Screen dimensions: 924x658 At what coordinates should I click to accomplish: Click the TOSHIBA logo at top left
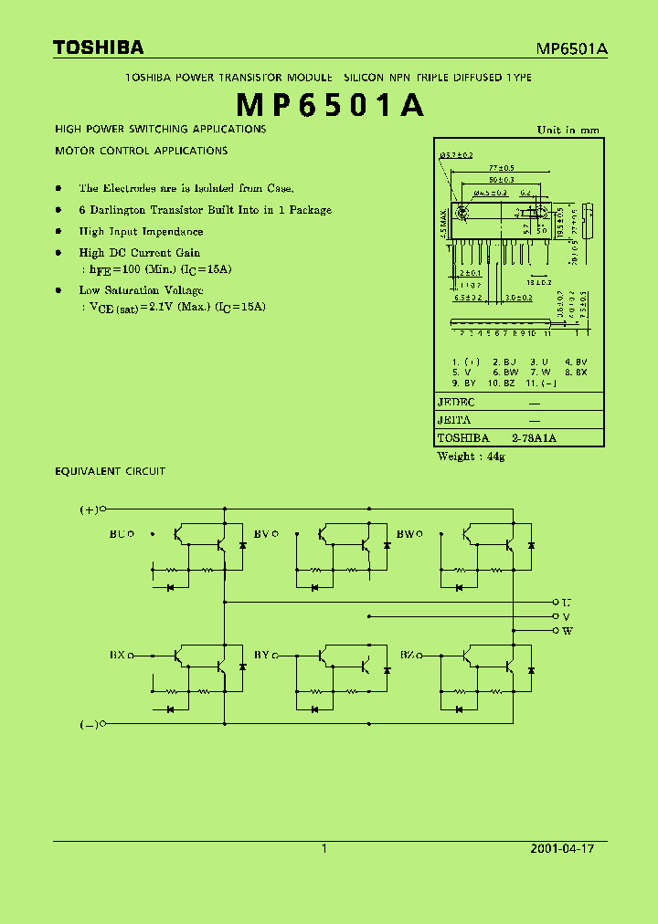[98, 47]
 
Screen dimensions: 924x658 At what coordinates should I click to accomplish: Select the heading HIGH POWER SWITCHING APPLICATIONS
[161, 130]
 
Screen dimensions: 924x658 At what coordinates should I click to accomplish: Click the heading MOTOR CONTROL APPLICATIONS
[142, 151]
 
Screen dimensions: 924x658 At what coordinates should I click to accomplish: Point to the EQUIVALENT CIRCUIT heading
[111, 471]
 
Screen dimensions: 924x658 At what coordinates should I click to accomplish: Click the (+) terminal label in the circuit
[89, 509]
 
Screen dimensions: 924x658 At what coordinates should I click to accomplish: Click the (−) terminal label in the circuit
[89, 724]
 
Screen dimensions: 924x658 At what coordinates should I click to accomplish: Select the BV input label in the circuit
[260, 533]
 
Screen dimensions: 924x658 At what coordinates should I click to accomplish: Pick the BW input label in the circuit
[405, 533]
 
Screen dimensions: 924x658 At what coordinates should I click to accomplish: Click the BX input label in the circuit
[117, 655]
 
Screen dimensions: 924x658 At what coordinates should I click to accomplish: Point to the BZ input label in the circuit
[407, 655]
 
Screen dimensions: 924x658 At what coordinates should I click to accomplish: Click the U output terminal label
[567, 603]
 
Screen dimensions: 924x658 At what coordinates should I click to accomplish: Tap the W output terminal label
[567, 631]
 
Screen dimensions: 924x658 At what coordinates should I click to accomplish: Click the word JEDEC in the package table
[456, 402]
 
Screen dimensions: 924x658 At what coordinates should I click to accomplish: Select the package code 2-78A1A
[534, 438]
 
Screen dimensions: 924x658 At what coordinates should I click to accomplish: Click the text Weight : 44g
[471, 456]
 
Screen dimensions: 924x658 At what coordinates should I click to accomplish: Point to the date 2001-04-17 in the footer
[562, 848]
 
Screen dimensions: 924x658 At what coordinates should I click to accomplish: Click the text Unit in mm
[568, 131]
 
